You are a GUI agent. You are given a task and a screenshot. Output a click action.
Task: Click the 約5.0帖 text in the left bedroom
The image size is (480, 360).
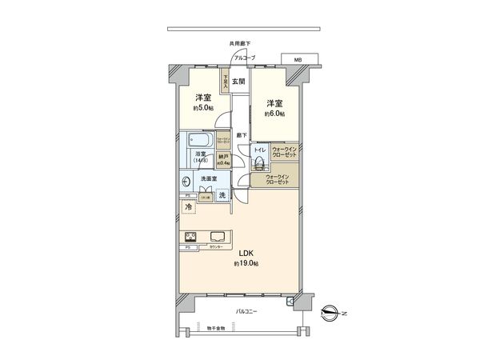202,107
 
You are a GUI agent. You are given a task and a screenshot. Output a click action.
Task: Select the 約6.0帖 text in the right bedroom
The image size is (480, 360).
274,113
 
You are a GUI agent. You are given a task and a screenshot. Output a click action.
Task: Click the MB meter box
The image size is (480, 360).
298,60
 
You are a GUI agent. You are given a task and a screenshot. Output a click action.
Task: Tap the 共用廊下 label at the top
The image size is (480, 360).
238,45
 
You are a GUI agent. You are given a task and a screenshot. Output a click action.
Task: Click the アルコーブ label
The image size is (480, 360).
245,58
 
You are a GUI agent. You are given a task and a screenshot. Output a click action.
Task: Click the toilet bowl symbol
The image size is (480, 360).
260,164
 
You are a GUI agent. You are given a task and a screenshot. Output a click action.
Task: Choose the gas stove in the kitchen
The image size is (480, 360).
191,237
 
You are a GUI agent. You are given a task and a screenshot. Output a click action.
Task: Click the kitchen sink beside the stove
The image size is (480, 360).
218,236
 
